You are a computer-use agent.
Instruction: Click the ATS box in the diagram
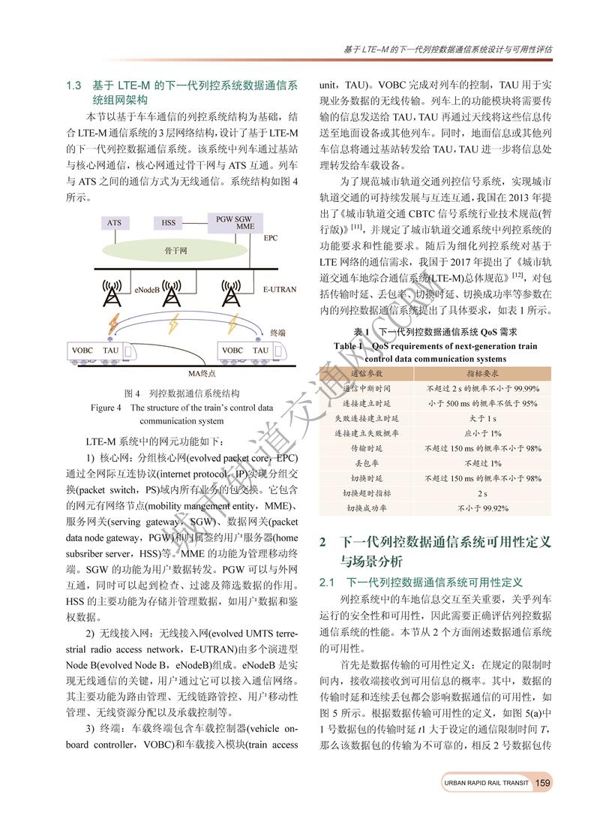pos(113,223)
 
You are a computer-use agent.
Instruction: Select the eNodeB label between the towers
pos(145,288)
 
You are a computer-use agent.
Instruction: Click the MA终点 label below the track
pos(202,372)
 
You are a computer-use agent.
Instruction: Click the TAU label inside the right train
pos(261,351)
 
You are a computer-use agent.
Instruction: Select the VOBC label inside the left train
pos(82,351)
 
